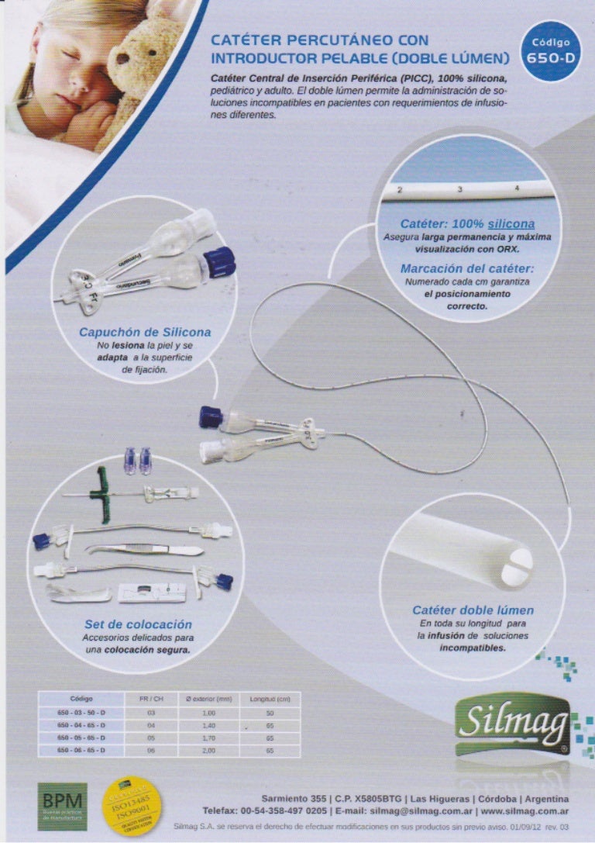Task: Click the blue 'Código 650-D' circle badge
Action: [x=551, y=50]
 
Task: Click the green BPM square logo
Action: [x=63, y=806]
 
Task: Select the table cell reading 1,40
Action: [x=208, y=724]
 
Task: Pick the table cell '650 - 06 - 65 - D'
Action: [x=81, y=751]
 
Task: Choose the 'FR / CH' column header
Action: [x=152, y=699]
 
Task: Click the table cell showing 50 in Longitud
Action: [x=270, y=712]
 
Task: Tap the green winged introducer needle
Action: [x=101, y=488]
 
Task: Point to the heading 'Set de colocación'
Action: [x=138, y=624]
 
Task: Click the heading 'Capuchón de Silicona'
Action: [x=145, y=333]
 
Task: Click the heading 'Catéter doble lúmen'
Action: [x=473, y=610]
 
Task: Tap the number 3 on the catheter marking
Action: [x=459, y=188]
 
